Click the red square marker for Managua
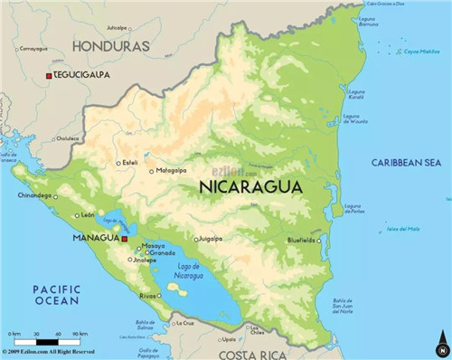[x=125, y=239]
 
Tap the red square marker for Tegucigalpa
[x=49, y=76]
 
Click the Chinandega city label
[x=35, y=195]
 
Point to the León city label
[x=88, y=215]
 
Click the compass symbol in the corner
[x=441, y=346]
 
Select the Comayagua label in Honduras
[x=33, y=48]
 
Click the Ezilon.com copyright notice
[x=54, y=351]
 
